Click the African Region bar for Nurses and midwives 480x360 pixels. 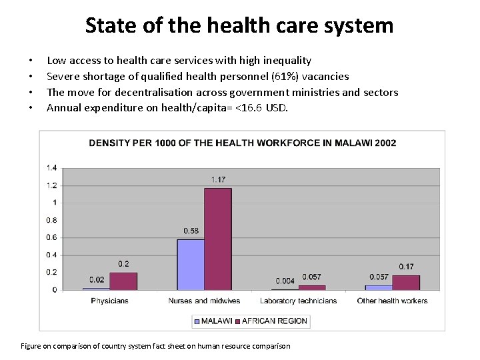[218, 239]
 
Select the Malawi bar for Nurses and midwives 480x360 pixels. [191, 265]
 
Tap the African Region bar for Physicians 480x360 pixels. [123, 281]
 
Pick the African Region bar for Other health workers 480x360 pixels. [406, 283]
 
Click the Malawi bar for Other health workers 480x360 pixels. [379, 287]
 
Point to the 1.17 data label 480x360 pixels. [218, 180]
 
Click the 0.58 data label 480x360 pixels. [191, 231]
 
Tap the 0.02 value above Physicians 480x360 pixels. [97, 279]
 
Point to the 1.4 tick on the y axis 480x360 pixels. [51, 167]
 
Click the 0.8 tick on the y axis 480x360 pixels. [51, 220]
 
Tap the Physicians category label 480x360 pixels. [110, 301]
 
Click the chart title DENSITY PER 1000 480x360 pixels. [243, 143]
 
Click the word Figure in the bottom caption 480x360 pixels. [33, 346]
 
